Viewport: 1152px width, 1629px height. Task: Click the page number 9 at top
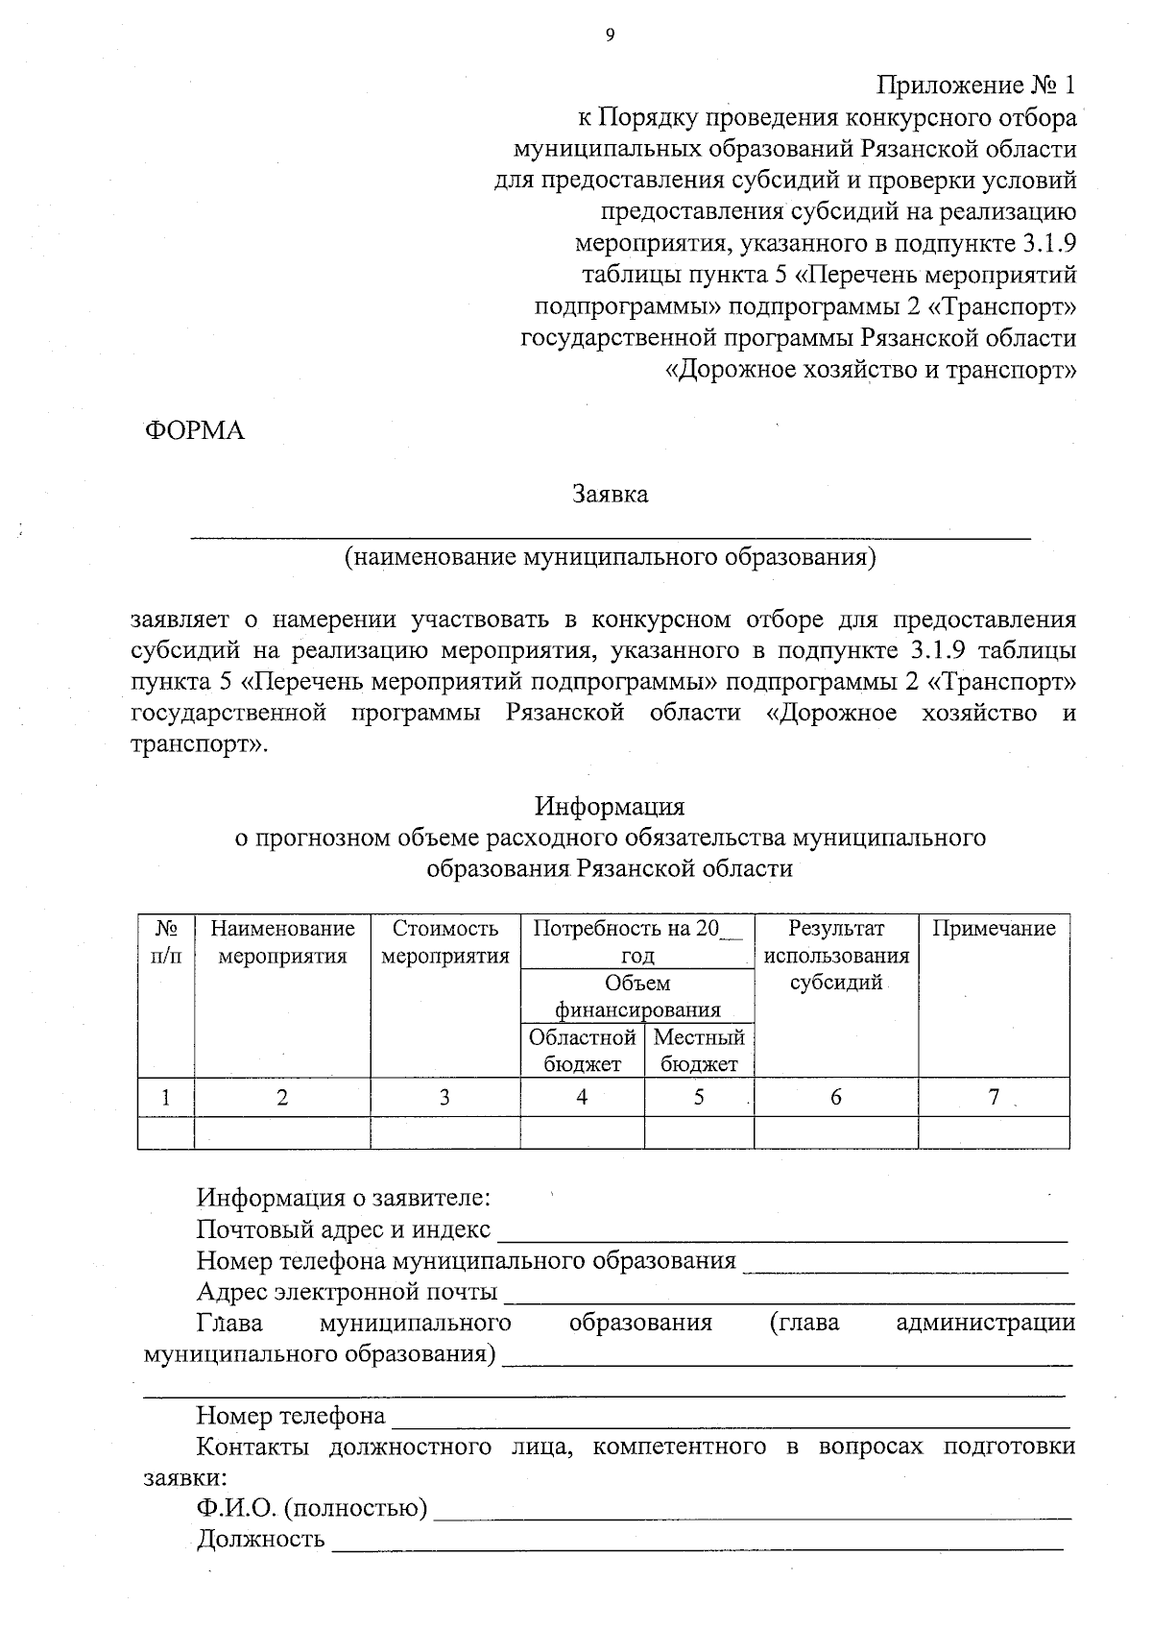click(609, 36)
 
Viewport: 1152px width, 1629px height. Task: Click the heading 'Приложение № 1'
click(976, 85)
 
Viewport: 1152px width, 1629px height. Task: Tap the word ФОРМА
click(194, 431)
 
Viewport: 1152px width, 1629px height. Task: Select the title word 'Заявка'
click(611, 495)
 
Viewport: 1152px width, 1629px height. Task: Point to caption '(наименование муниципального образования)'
click(611, 557)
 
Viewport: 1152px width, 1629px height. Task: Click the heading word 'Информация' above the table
click(610, 805)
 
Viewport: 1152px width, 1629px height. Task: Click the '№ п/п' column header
click(166, 942)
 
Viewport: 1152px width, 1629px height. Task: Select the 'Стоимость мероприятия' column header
click(445, 942)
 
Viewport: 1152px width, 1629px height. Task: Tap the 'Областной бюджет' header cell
click(582, 1051)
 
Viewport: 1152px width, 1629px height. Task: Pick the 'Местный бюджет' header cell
click(699, 1051)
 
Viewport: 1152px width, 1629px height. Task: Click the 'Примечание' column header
click(994, 929)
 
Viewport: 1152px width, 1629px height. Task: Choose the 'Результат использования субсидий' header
click(835, 956)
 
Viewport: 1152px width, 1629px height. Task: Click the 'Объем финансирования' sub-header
click(637, 996)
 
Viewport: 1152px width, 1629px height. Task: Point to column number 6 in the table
click(835, 1097)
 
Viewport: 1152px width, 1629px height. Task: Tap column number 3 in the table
click(444, 1097)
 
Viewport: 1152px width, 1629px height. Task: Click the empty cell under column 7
click(994, 1132)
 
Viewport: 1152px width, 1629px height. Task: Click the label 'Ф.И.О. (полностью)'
click(312, 1509)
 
